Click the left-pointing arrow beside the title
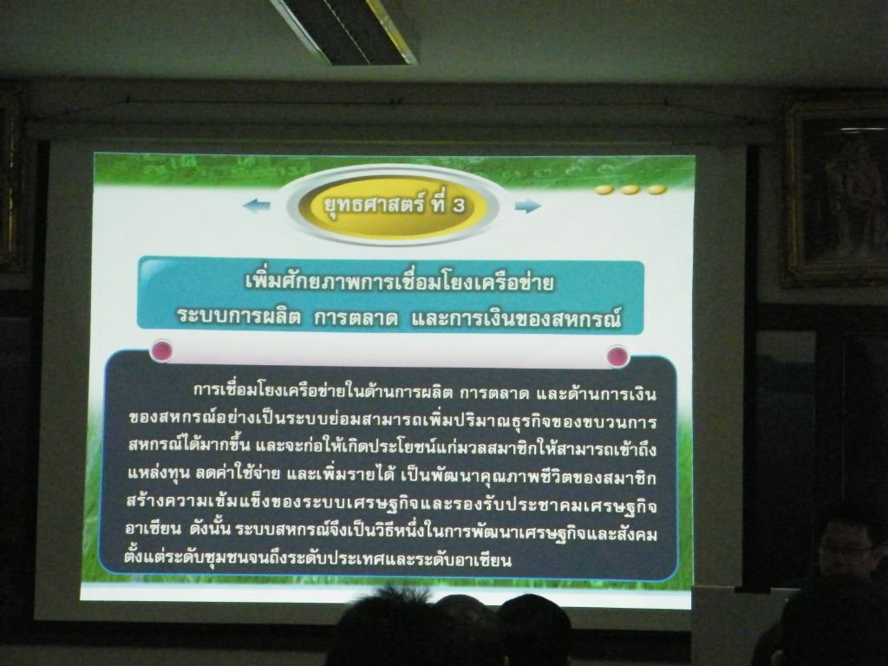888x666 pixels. click(x=257, y=205)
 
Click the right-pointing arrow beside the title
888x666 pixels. click(x=528, y=206)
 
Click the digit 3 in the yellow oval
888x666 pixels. click(x=458, y=206)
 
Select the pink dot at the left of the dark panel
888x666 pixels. click(x=162, y=350)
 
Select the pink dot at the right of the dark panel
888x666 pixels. click(x=617, y=356)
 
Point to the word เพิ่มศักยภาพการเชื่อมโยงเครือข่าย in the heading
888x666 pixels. click(x=400, y=282)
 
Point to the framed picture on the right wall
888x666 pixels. click(x=836, y=194)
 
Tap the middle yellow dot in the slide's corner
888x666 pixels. click(x=630, y=190)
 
